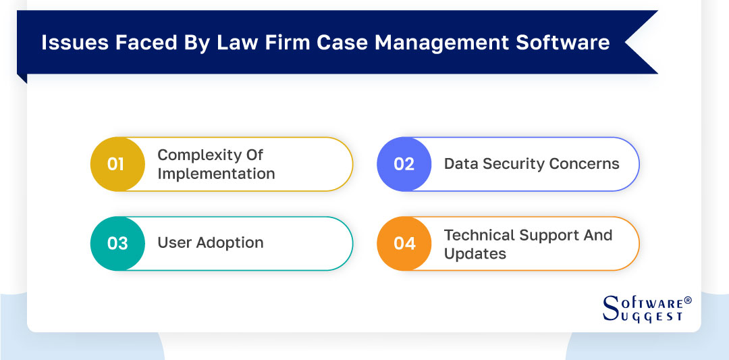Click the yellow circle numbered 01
117,164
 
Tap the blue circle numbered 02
404,164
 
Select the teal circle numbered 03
117,243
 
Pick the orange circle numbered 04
404,243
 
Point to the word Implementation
216,174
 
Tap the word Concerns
586,164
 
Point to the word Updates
475,254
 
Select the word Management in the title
441,43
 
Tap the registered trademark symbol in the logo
687,300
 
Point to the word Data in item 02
460,164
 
